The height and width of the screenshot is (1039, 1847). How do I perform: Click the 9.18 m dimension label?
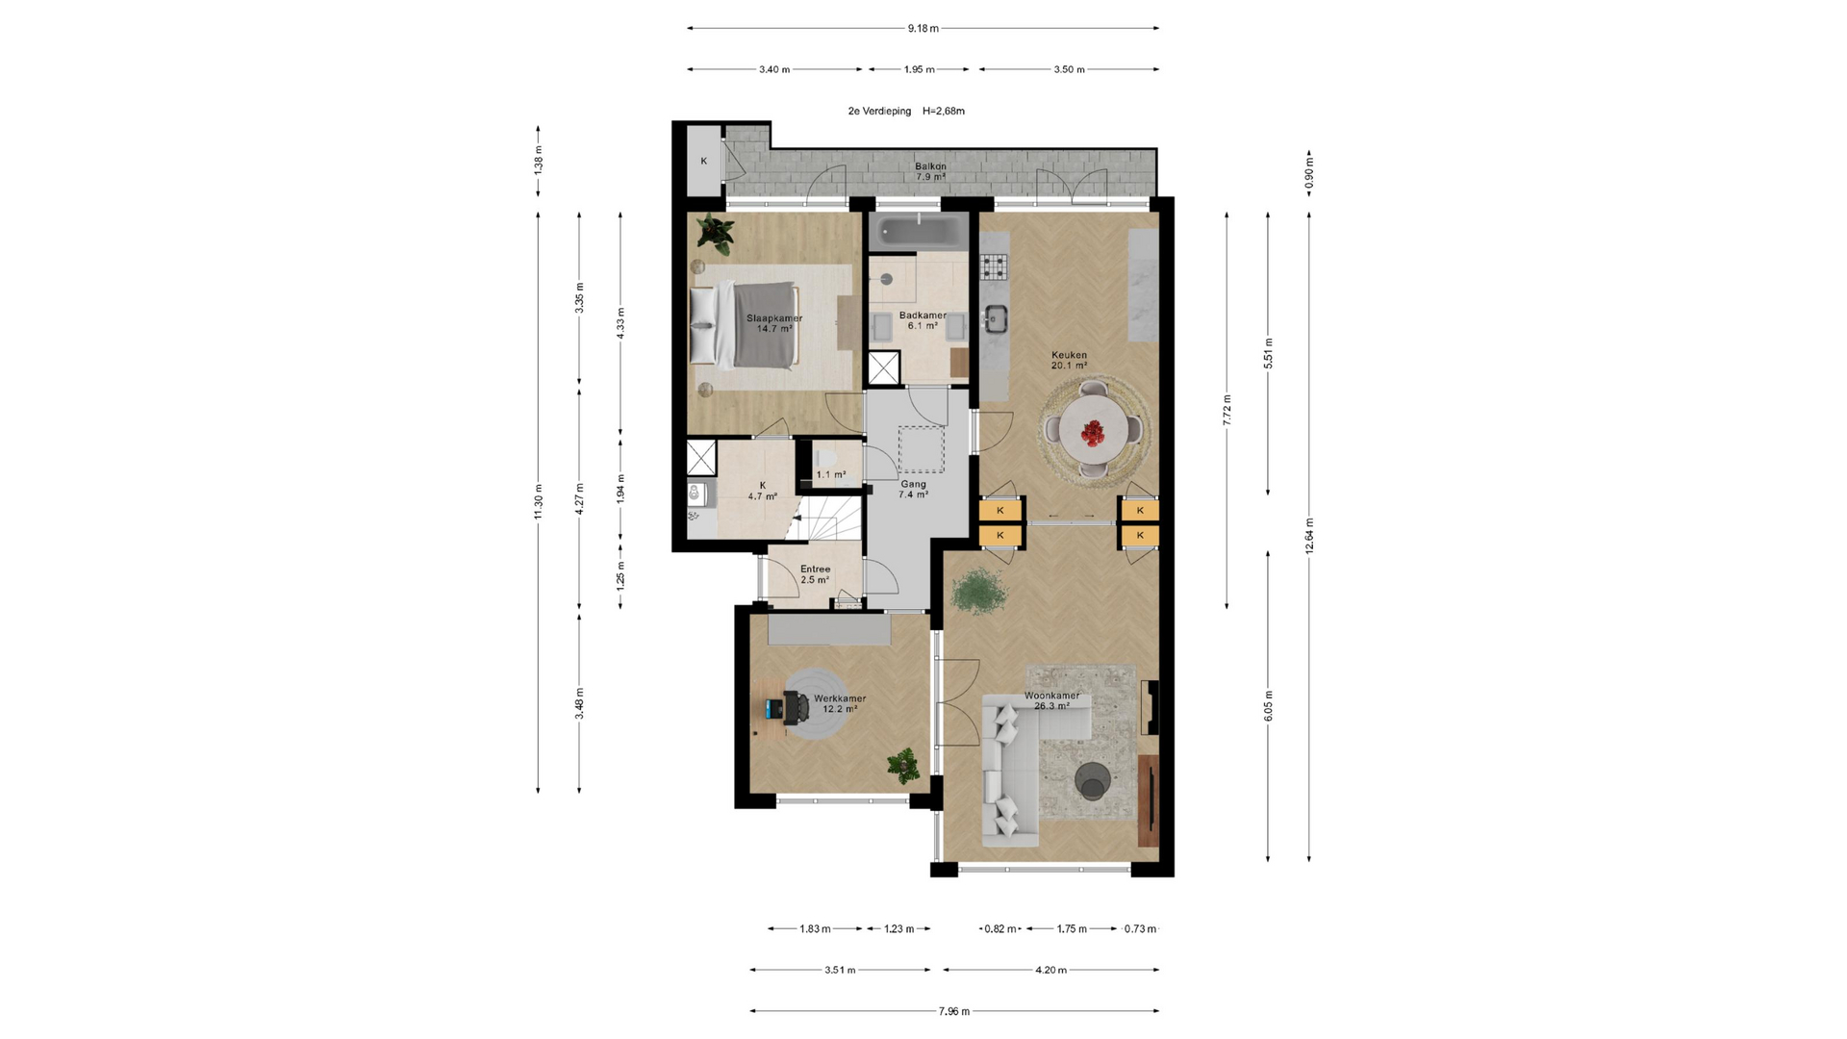click(923, 29)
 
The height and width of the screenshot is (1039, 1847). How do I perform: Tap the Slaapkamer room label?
click(774, 318)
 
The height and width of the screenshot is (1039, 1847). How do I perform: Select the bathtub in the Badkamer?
click(919, 232)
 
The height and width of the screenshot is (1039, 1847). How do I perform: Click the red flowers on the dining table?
click(1093, 434)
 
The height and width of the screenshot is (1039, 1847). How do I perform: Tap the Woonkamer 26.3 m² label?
click(1051, 700)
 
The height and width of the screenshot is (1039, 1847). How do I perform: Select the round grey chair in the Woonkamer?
click(1093, 781)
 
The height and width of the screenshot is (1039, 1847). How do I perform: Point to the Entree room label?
click(815, 570)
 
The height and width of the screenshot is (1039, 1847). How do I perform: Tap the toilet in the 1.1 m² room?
click(825, 457)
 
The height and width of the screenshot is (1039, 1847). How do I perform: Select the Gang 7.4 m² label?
click(913, 490)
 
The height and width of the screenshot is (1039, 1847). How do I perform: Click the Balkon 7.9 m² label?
click(930, 171)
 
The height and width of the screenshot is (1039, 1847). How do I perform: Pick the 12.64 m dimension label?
click(1309, 536)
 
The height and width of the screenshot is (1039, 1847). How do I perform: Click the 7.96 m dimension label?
click(954, 1011)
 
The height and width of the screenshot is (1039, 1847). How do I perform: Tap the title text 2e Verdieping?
click(879, 112)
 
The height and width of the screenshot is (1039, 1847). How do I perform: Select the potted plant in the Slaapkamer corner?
click(715, 233)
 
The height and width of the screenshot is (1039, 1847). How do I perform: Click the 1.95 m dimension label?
click(920, 69)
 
